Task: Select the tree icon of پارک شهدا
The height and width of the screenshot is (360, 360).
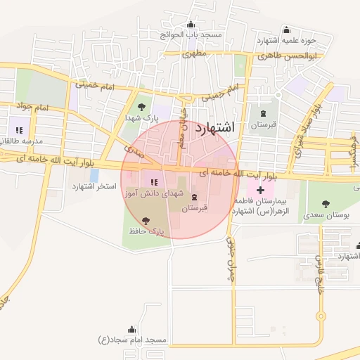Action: [142, 108]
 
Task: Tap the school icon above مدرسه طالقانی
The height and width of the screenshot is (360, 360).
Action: [19, 130]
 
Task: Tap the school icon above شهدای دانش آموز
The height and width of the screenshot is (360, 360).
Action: [154, 182]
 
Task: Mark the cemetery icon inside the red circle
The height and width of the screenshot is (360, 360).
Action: [195, 197]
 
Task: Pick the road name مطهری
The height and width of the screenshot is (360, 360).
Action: [193, 53]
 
